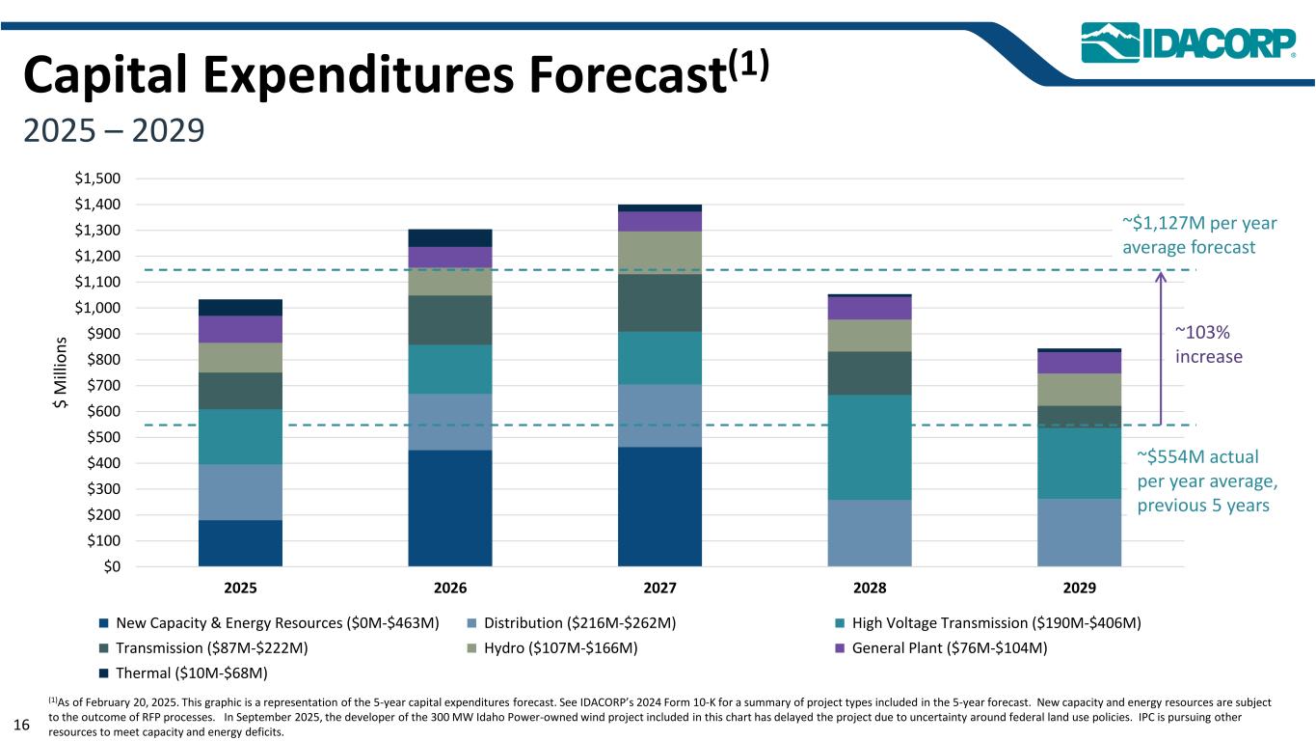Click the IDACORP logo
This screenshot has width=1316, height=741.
[x=1188, y=42]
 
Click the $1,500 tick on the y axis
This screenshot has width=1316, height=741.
[x=98, y=178]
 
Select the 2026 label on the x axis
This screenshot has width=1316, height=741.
[x=450, y=588]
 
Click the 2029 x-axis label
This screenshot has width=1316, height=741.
[x=1079, y=588]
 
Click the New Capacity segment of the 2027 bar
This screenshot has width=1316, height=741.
[x=659, y=506]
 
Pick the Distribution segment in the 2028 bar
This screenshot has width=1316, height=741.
[x=870, y=533]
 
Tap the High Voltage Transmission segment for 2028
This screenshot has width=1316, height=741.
[x=870, y=447]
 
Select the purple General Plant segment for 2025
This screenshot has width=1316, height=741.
[x=240, y=329]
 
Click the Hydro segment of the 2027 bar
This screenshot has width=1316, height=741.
[x=659, y=253]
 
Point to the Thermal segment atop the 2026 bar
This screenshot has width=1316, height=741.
[x=450, y=237]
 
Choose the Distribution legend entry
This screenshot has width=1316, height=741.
[x=577, y=623]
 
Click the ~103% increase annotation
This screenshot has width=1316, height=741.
[x=1209, y=343]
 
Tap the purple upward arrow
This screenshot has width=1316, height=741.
[x=1160, y=347]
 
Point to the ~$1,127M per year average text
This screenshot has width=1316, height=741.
[x=1199, y=235]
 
